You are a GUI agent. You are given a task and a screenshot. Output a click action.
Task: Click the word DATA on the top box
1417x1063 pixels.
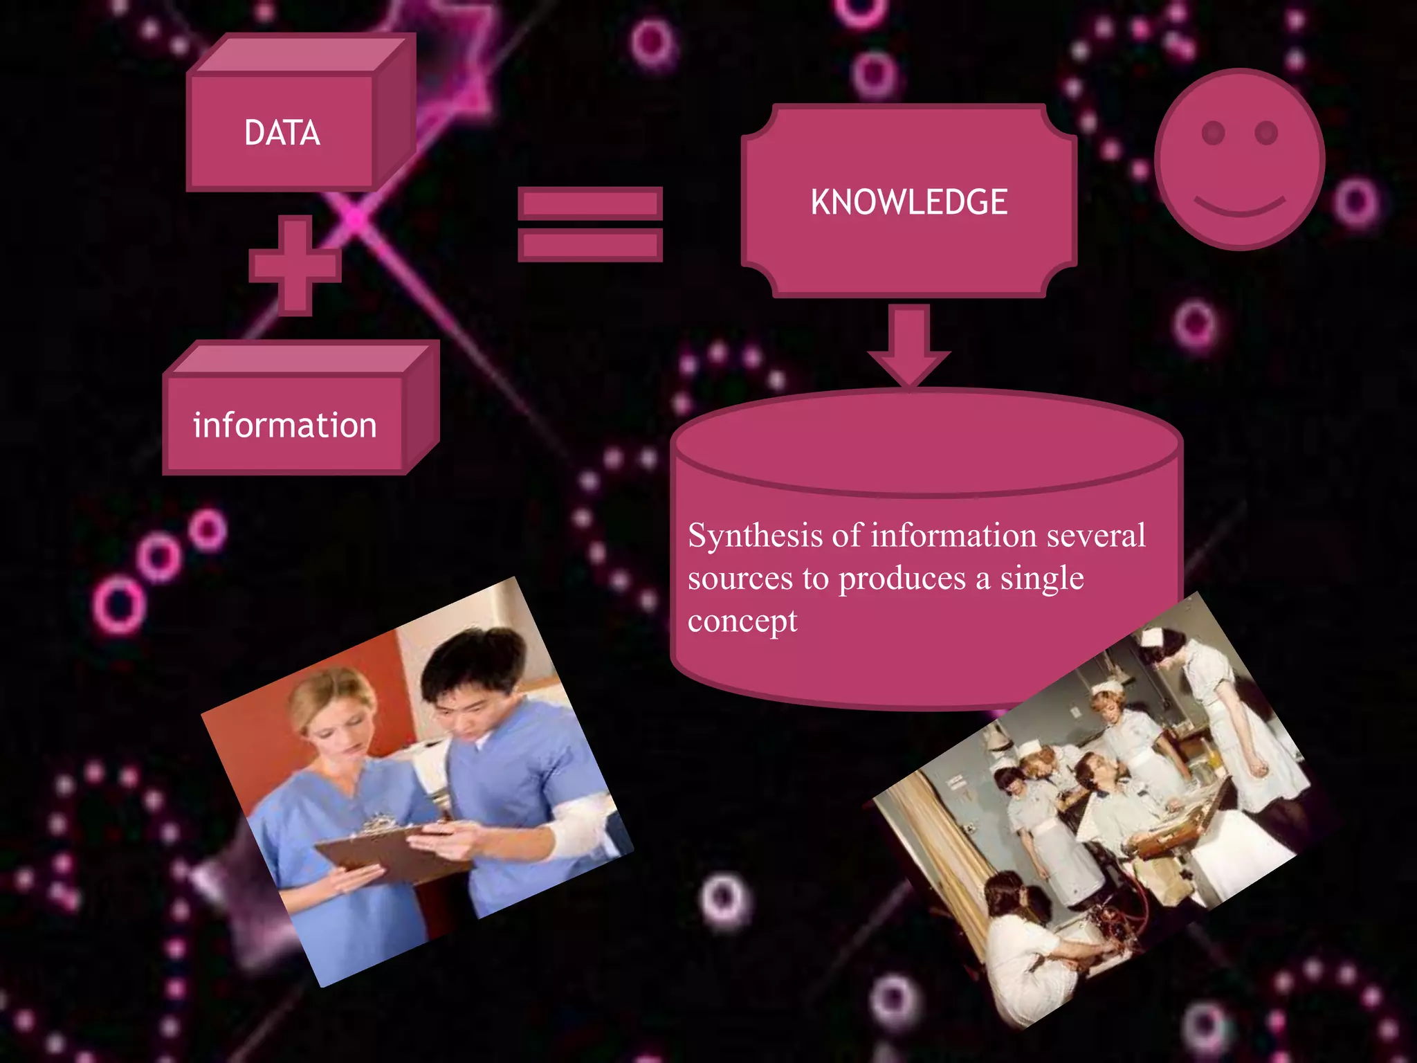click(x=282, y=133)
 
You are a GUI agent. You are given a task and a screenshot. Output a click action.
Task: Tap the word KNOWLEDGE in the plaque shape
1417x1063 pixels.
click(x=908, y=202)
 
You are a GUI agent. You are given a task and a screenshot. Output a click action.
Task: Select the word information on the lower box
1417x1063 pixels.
click(x=284, y=425)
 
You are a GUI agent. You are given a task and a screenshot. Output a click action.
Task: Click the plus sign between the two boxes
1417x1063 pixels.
click(x=295, y=266)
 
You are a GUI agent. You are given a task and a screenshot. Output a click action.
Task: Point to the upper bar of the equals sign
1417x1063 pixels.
click(x=590, y=203)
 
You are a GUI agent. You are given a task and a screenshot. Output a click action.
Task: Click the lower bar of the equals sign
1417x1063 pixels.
click(x=590, y=246)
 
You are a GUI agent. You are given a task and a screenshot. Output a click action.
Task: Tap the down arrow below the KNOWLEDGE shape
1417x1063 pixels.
click(x=908, y=346)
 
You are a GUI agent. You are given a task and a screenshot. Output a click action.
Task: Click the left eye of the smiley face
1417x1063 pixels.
click(x=1214, y=132)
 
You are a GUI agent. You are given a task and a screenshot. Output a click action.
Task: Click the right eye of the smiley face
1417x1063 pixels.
click(x=1266, y=132)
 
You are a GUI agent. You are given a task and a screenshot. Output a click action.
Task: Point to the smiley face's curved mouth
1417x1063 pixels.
click(x=1239, y=206)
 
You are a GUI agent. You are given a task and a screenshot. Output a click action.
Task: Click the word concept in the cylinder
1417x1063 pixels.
click(x=742, y=621)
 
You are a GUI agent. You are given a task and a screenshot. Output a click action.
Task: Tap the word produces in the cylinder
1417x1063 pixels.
click(x=902, y=579)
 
